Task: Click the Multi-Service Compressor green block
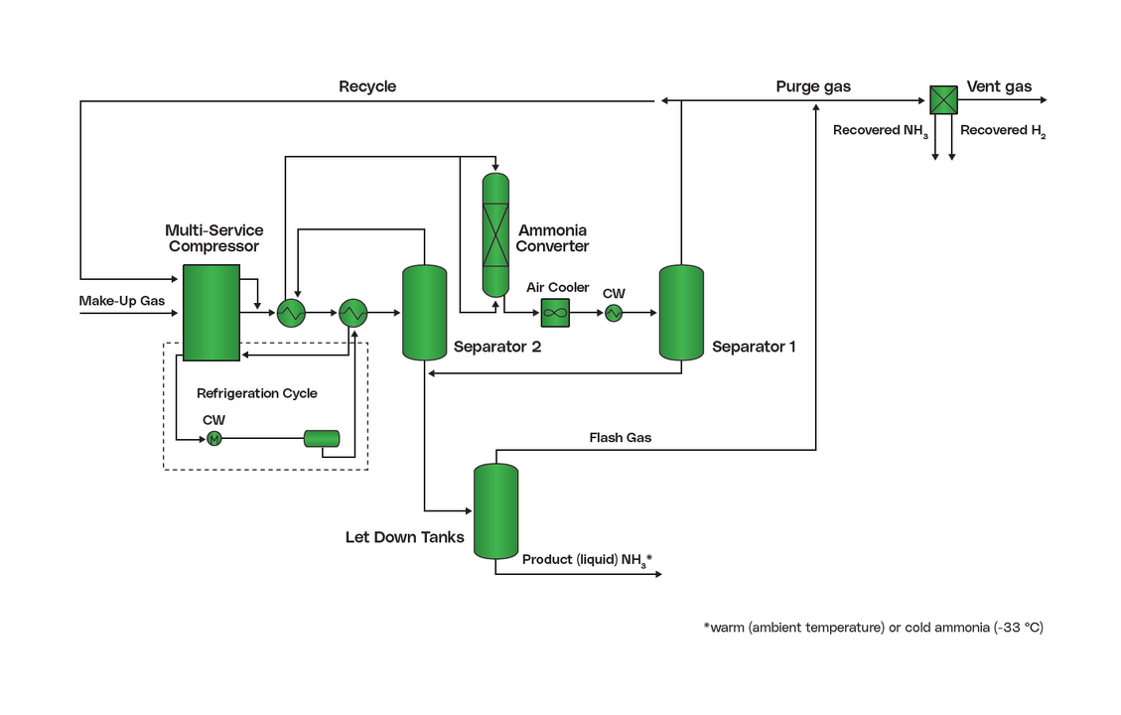pyautogui.click(x=211, y=312)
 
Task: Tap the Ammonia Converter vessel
pyautogui.click(x=495, y=233)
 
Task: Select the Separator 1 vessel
pyautogui.click(x=681, y=312)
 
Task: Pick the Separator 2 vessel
pyautogui.click(x=424, y=312)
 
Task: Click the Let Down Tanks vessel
pyautogui.click(x=495, y=510)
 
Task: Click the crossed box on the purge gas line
pyautogui.click(x=943, y=99)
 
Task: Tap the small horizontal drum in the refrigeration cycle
pyautogui.click(x=322, y=438)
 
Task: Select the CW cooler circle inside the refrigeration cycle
pyautogui.click(x=213, y=439)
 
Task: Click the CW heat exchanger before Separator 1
pyautogui.click(x=613, y=313)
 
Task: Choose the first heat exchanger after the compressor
pyautogui.click(x=291, y=313)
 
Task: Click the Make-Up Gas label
pyautogui.click(x=122, y=300)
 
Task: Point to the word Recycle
pyautogui.click(x=367, y=86)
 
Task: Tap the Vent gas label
pyautogui.click(x=999, y=86)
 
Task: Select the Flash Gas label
pyautogui.click(x=621, y=437)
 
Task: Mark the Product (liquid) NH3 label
pyautogui.click(x=587, y=560)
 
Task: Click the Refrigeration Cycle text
pyautogui.click(x=257, y=393)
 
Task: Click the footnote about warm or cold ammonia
pyautogui.click(x=873, y=628)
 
